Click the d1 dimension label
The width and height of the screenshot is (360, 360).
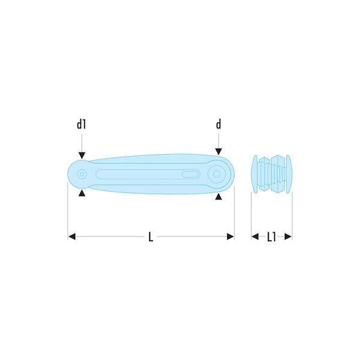point(81,125)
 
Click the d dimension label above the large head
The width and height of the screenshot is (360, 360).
point(218,125)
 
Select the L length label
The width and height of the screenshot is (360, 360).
point(151,237)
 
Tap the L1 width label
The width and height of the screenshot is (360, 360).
point(272,237)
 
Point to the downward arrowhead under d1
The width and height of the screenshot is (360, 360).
point(82,155)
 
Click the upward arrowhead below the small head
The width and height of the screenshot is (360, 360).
point(82,193)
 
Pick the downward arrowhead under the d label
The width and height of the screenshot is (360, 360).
point(218,152)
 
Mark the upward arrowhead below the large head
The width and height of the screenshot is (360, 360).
point(218,197)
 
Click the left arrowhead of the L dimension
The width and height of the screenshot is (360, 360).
point(72,236)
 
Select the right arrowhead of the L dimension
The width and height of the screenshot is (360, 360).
point(230,236)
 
